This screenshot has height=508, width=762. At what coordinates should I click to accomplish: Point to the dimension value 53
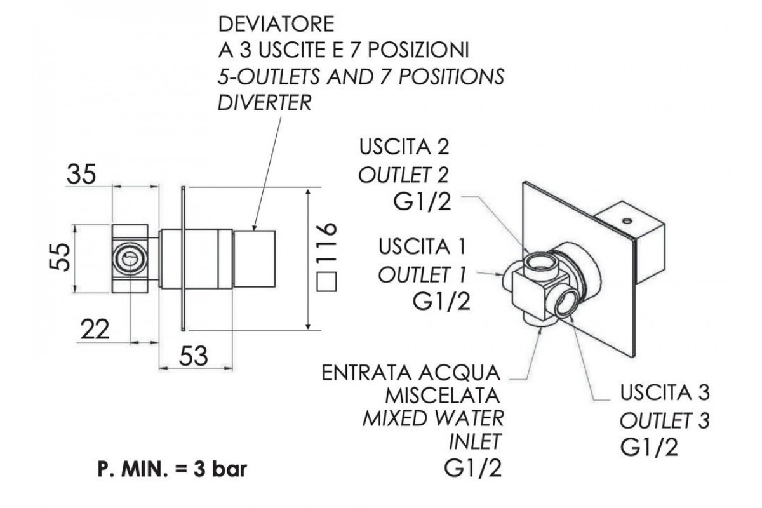193,357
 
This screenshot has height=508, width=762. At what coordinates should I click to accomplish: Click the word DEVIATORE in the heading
276,26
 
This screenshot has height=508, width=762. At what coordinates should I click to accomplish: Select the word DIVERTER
265,103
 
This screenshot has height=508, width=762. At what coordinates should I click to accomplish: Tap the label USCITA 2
404,147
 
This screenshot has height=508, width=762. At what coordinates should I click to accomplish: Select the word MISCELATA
444,396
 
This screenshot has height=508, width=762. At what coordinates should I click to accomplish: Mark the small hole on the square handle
627,222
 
